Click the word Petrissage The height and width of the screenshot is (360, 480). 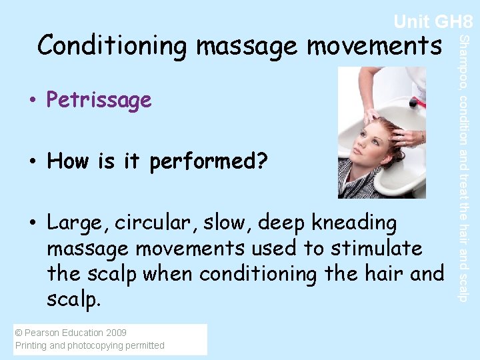pyautogui.click(x=99, y=101)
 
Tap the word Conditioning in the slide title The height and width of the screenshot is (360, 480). pyautogui.click(x=113, y=46)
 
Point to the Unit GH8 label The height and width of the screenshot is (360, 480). pyautogui.click(x=433, y=21)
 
